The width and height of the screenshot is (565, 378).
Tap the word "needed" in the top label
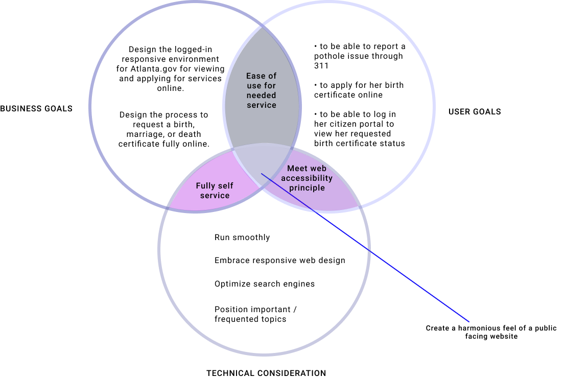tap(261, 96)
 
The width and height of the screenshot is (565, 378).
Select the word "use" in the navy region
tap(254, 86)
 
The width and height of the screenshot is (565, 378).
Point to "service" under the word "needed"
tap(261, 105)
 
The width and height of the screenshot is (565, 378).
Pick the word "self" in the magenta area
tap(226, 186)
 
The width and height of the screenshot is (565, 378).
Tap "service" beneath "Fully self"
tap(215, 196)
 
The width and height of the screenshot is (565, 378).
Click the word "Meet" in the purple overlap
tap(298, 169)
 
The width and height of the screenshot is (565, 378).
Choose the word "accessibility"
tap(307, 178)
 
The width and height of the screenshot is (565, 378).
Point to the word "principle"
tap(307, 188)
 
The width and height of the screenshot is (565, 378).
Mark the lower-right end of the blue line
tap(469, 322)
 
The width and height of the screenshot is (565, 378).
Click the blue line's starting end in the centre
tap(262, 174)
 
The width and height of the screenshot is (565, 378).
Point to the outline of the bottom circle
tap(264, 353)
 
